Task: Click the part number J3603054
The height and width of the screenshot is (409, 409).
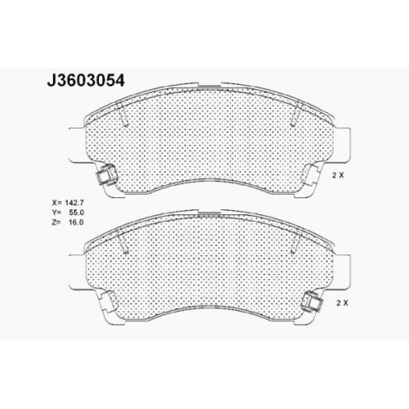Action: (x=86, y=80)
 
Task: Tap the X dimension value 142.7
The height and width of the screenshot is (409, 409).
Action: (x=74, y=203)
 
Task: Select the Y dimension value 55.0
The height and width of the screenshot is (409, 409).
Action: (x=76, y=213)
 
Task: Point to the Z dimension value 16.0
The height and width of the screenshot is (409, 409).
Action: (x=76, y=222)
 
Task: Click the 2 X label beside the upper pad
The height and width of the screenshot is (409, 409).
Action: (x=338, y=176)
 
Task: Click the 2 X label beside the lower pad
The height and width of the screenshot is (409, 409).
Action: (x=342, y=303)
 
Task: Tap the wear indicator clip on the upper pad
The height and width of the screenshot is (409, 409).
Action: (x=106, y=175)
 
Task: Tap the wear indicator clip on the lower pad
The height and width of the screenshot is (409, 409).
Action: (x=313, y=302)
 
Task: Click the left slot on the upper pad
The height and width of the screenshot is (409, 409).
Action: (x=123, y=115)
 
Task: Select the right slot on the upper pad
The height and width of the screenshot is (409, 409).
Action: (x=295, y=115)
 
